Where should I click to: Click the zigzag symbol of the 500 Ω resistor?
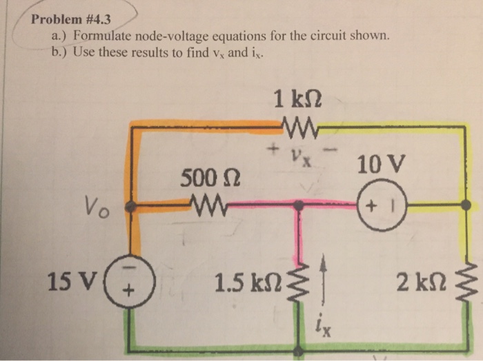[206, 205]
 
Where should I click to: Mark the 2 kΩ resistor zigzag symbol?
[468, 282]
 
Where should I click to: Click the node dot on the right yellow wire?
[466, 205]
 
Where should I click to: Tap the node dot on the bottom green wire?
[298, 351]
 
